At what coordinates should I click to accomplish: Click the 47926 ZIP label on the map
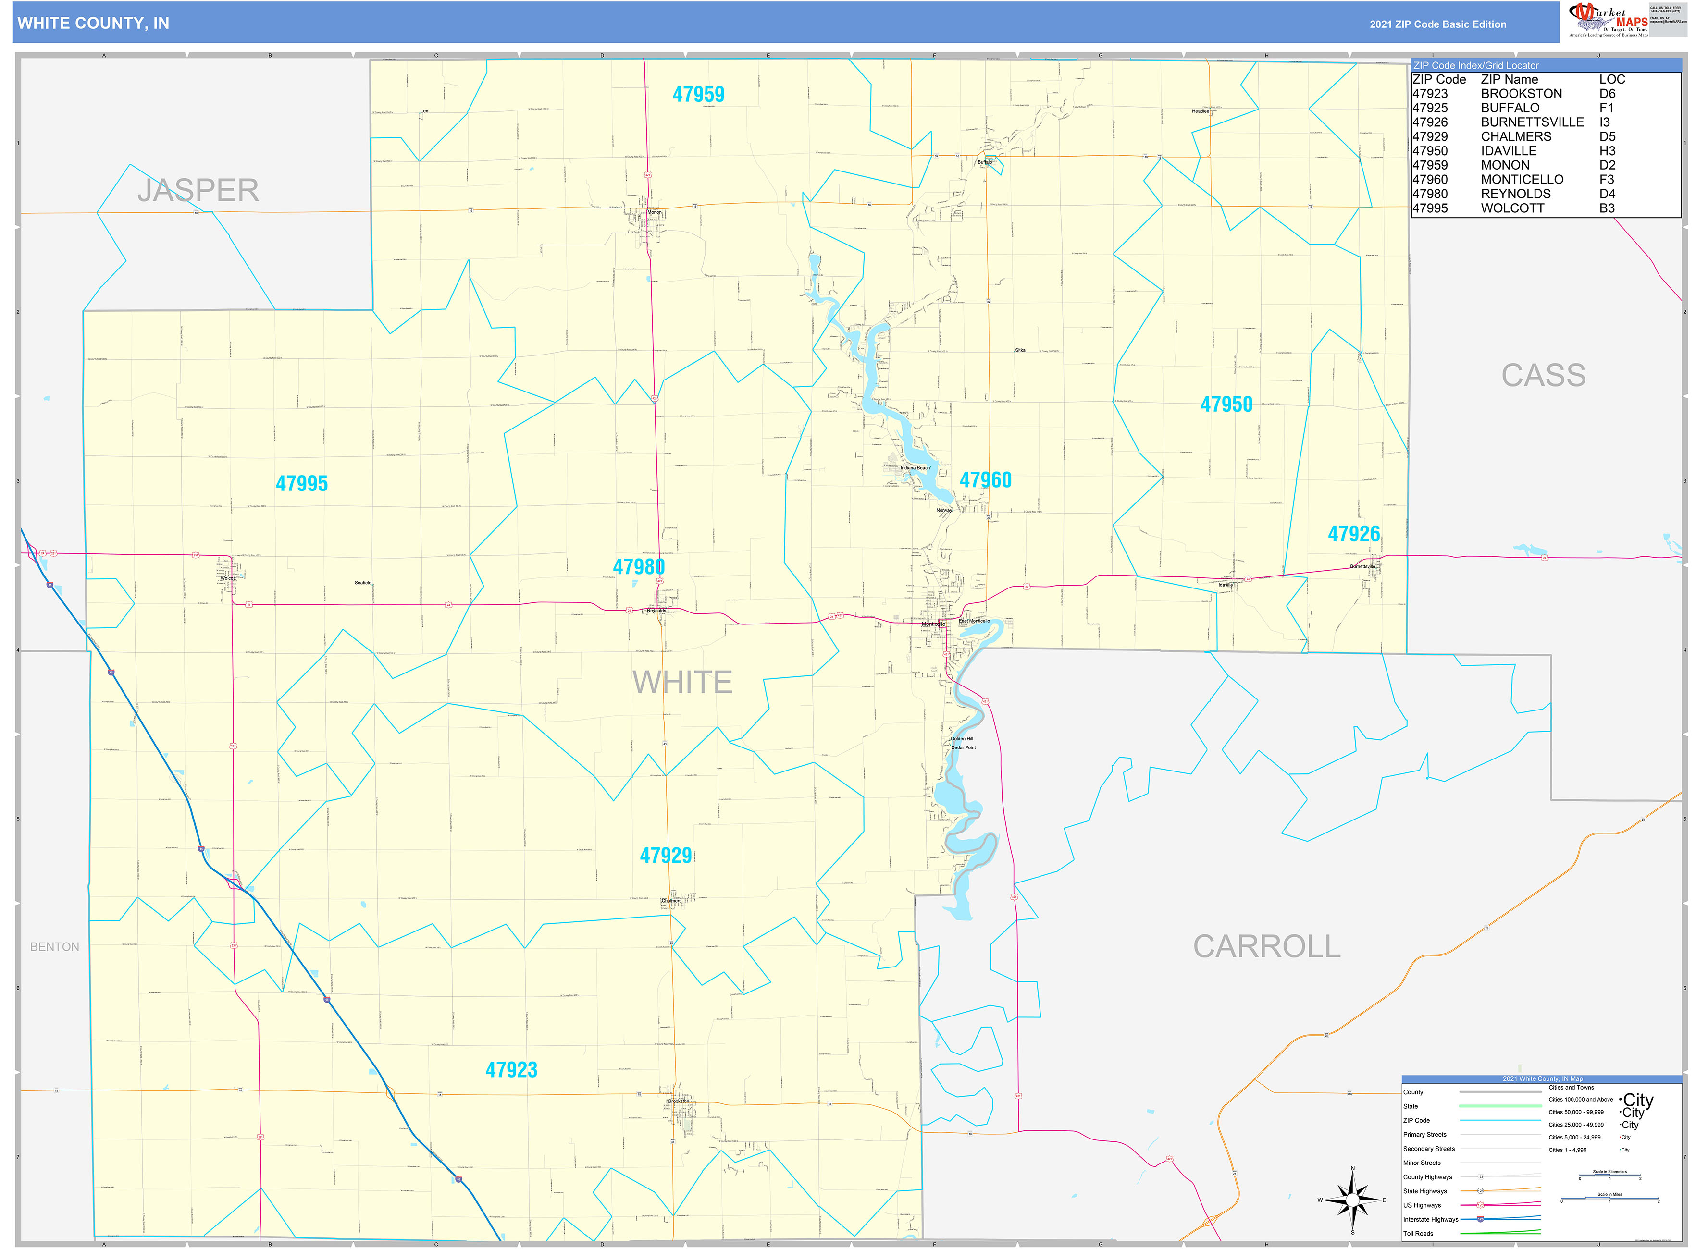(1353, 534)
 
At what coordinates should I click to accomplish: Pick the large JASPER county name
(198, 191)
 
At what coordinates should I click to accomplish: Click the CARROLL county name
(1266, 946)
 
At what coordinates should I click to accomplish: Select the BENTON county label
(54, 946)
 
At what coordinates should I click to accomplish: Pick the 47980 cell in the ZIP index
(1430, 194)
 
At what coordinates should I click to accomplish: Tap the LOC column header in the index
(1611, 79)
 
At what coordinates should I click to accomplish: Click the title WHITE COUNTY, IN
(93, 24)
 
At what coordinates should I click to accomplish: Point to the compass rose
(1352, 1200)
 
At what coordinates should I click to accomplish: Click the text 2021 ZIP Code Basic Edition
(1437, 24)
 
